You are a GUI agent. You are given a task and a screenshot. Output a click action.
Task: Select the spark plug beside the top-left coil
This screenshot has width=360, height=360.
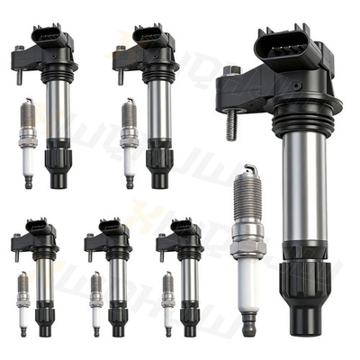pos(27,144)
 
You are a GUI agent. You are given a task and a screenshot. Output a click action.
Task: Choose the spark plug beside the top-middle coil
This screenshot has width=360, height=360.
pos(129,144)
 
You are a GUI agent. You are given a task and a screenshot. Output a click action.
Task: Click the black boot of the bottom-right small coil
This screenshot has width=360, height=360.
pos(190,320)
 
